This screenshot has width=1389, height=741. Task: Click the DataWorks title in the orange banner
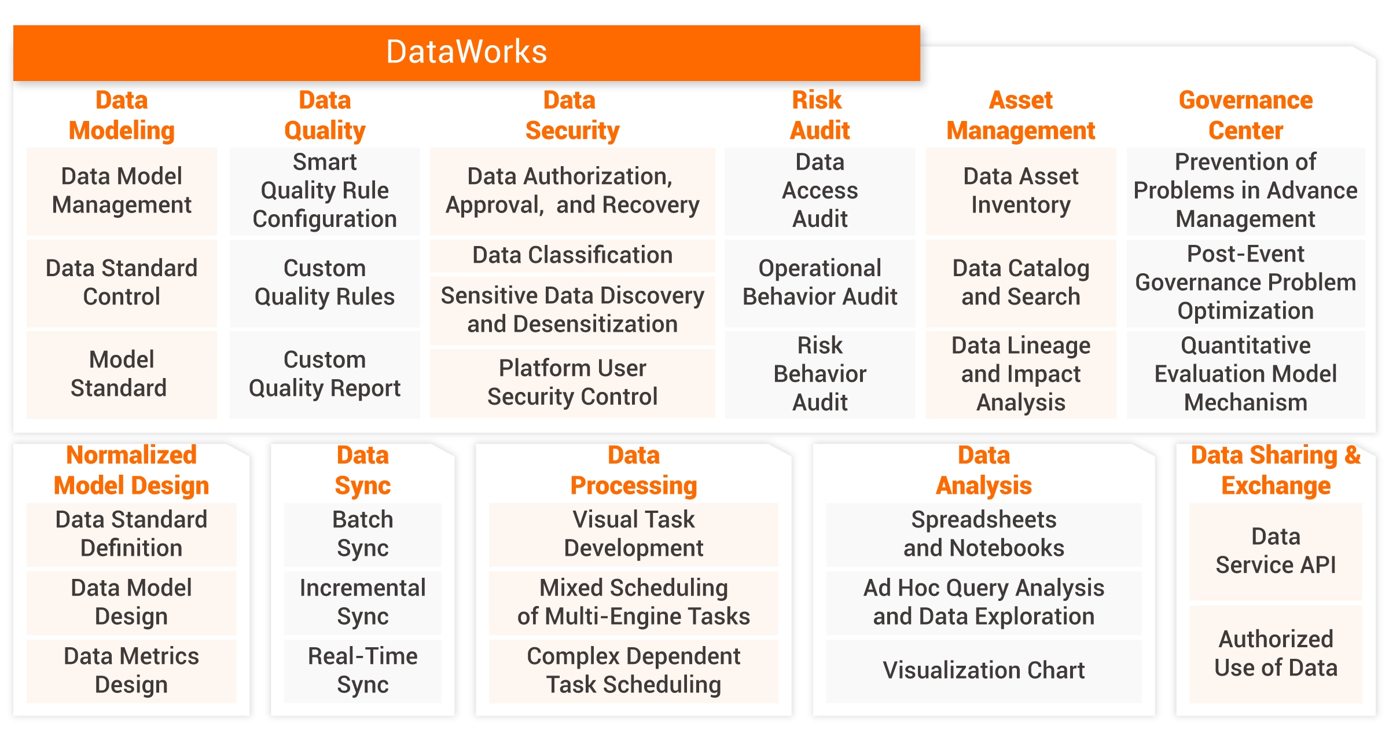(x=466, y=52)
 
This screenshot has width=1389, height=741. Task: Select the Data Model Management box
(x=122, y=191)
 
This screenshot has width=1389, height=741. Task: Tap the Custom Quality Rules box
(x=325, y=283)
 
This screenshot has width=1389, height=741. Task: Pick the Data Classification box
(x=572, y=255)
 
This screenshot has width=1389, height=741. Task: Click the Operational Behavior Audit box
(x=820, y=283)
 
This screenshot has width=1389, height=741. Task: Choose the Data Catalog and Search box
(x=1021, y=283)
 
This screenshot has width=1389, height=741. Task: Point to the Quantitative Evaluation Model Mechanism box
(x=1245, y=374)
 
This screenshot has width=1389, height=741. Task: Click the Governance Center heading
(x=1245, y=115)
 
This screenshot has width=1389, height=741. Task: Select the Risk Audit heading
(x=820, y=115)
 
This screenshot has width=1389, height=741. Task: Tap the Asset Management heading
(x=1021, y=115)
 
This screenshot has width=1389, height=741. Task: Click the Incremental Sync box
(x=363, y=602)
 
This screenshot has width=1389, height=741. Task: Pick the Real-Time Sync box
(x=363, y=670)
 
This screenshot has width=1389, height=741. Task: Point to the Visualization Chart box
(x=984, y=670)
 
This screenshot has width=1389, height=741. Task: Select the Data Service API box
(x=1276, y=551)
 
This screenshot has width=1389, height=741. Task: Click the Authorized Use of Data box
(x=1276, y=654)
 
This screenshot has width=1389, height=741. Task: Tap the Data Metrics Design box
(x=131, y=670)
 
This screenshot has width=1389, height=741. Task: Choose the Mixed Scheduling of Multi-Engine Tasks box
(x=634, y=602)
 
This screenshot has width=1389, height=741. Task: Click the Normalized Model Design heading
(x=131, y=471)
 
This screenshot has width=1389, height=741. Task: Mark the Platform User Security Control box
(x=572, y=383)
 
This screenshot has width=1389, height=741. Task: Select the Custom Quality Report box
(x=325, y=374)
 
